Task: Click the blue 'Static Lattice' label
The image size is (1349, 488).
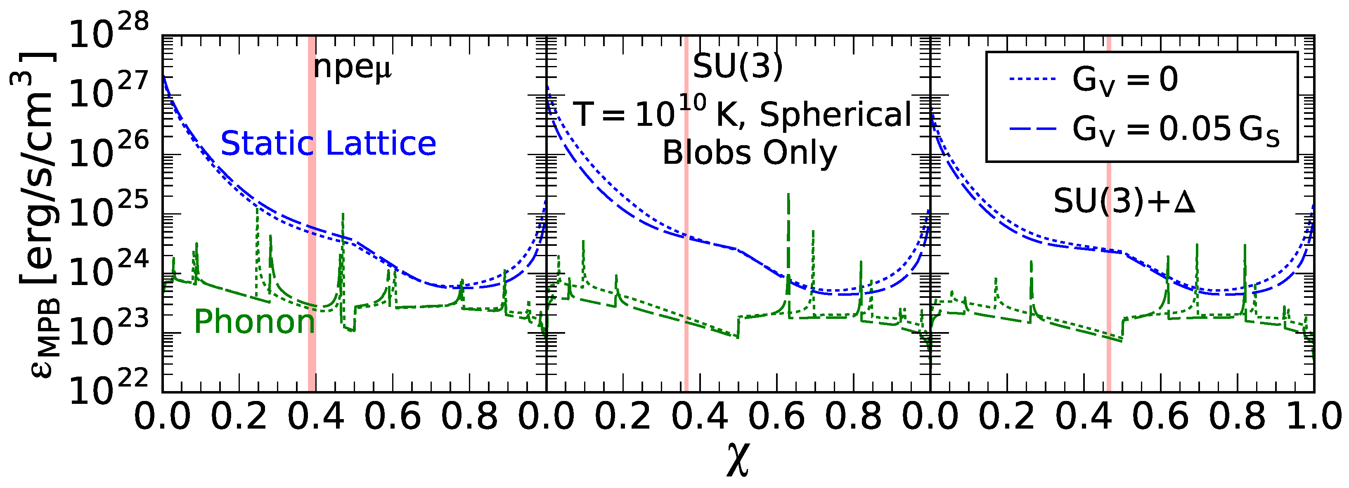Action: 328,144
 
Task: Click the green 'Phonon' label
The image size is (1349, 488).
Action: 255,321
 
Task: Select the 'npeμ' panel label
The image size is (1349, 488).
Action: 352,68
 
